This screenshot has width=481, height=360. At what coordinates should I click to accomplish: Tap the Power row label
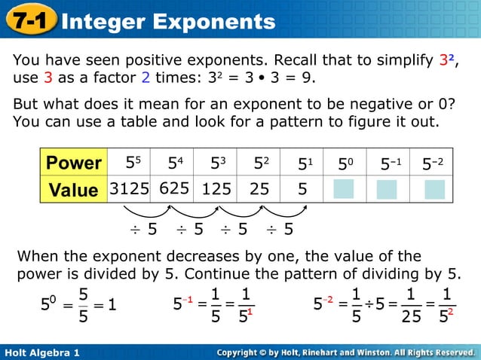click(73, 163)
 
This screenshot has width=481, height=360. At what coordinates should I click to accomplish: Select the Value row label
click(73, 190)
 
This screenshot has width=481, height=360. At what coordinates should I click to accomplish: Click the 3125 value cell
click(129, 189)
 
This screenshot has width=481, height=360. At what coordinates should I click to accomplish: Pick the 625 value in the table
click(173, 188)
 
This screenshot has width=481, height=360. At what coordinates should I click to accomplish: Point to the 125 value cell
click(216, 190)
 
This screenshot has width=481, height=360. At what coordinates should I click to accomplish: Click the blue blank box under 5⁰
click(344, 190)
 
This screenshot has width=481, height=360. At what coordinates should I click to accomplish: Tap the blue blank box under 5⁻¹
click(387, 190)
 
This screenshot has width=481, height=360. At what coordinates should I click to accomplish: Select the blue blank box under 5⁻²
click(435, 190)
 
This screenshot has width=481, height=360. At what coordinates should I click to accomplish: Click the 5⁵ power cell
click(133, 162)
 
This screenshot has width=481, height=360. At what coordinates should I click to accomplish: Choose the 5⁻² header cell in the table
click(434, 162)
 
